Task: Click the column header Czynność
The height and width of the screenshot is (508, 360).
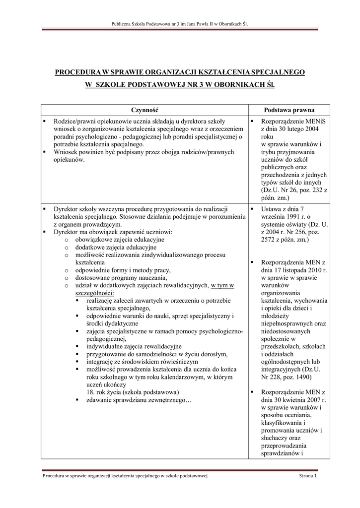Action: point(144,110)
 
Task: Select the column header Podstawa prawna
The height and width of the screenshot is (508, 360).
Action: point(288,110)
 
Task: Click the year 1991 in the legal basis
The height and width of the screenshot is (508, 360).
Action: point(287,217)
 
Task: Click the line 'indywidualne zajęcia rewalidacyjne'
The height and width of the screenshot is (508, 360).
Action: point(134,346)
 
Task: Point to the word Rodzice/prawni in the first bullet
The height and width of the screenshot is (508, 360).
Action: point(75,121)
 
